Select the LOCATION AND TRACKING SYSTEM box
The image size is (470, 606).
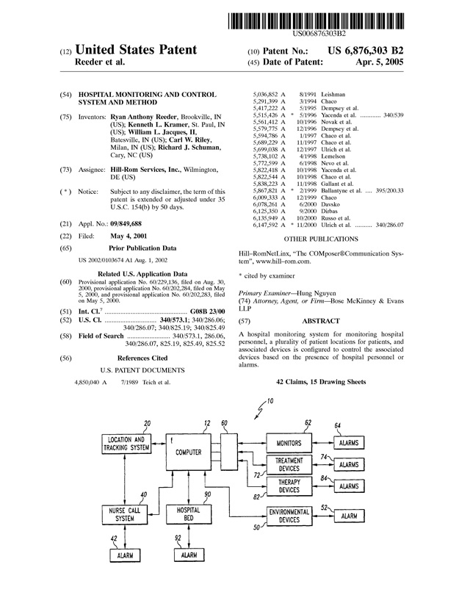126,444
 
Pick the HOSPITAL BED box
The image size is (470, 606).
189,514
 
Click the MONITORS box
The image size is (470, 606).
289,444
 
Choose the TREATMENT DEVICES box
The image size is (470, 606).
289,464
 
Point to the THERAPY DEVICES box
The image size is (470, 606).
289,486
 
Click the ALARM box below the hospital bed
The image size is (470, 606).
189,555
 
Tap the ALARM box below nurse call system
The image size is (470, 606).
126,555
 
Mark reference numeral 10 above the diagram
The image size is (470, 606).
270,401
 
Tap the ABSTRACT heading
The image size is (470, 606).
320,321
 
